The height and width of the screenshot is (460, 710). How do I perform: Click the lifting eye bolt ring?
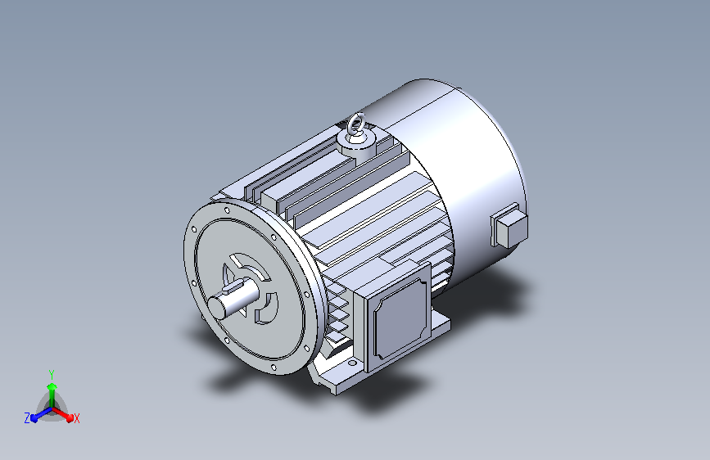(356, 122)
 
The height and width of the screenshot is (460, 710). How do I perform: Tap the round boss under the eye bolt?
(358, 145)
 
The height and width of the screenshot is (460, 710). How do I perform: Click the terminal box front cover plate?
(400, 318)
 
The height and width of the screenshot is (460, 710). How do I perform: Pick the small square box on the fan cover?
(509, 225)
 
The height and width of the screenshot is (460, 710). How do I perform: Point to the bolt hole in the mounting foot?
(352, 363)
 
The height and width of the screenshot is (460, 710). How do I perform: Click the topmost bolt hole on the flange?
(227, 210)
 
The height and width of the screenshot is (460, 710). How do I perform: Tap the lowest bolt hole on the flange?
(273, 368)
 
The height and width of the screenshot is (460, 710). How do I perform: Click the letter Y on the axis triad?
(51, 375)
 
